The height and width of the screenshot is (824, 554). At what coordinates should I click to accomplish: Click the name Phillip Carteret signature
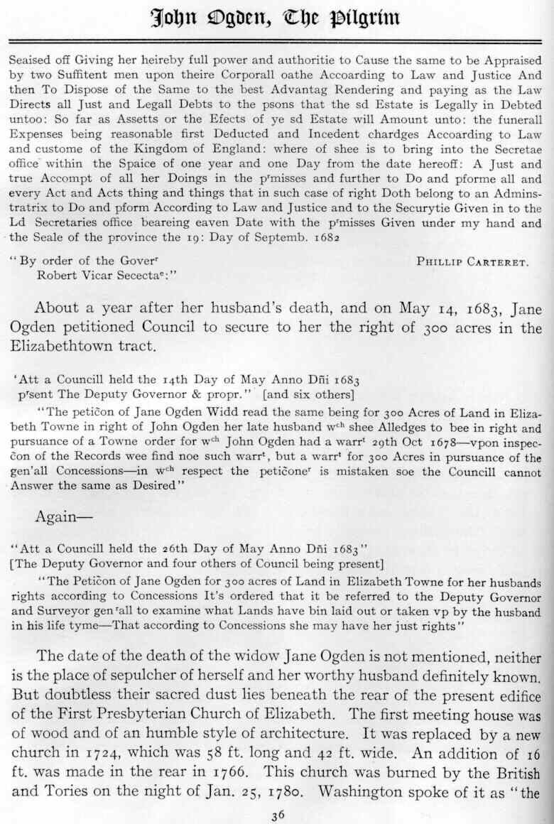tap(472, 261)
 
